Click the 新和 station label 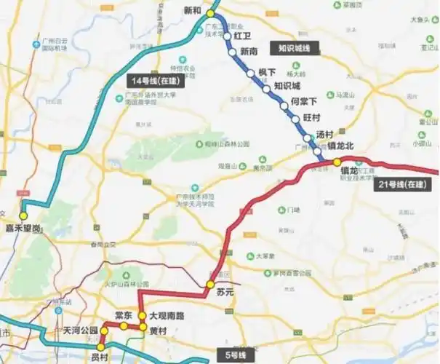point(192,11)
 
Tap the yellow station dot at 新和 point(210,14)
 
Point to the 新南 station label point(249,52)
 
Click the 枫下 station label point(266,73)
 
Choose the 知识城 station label point(287,87)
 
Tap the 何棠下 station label point(304,102)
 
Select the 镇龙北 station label point(340,147)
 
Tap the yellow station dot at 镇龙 point(337,162)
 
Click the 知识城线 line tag point(294,49)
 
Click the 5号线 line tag point(236,355)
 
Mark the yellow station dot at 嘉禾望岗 point(24,216)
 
